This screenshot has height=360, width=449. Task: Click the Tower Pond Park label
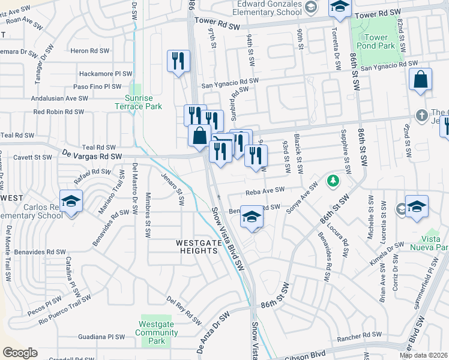376,42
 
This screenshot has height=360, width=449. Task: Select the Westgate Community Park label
156,333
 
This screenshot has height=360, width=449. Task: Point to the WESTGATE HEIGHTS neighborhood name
196,247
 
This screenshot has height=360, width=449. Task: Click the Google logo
20,353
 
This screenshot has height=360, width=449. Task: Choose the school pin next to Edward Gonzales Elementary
340,8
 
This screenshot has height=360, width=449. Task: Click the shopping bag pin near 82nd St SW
421,79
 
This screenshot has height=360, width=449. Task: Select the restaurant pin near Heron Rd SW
178,61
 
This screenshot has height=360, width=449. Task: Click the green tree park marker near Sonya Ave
331,180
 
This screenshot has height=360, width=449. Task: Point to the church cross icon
422,115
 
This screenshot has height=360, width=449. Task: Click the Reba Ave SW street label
264,191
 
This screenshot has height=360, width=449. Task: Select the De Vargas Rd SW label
92,155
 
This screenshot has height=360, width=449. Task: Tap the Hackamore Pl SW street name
106,74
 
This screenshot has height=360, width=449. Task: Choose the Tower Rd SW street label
377,13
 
